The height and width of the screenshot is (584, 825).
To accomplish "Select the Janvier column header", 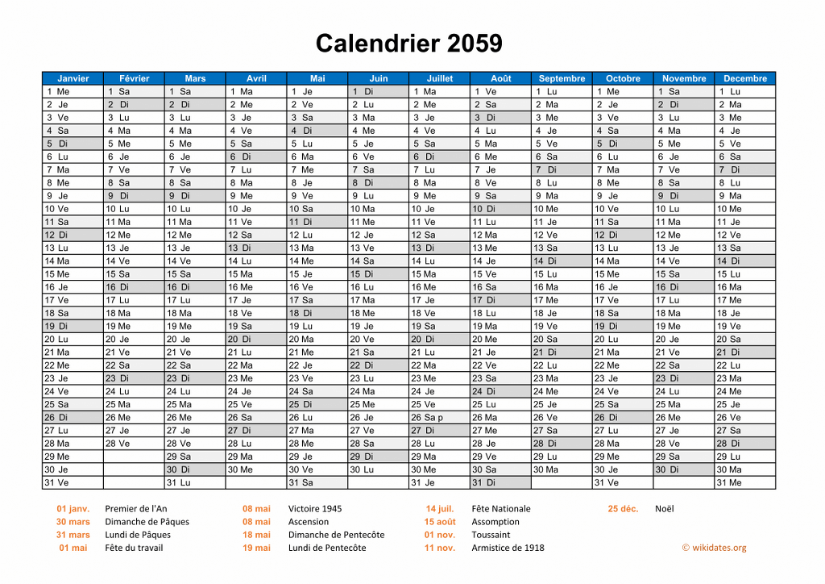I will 73,78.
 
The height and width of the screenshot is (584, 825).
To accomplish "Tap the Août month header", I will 500,78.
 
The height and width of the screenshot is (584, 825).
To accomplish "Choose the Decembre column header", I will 744,78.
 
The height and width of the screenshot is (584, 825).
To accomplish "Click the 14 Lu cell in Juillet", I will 439,261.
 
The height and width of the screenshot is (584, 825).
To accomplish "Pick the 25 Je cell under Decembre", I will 744,404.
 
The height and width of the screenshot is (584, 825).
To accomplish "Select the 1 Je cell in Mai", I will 317,91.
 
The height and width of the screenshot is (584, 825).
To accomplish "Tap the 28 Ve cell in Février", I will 134,444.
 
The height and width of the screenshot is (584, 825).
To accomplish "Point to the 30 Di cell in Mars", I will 195,469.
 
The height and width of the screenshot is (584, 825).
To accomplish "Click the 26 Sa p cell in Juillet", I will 439,417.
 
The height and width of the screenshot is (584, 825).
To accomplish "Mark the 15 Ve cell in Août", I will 500,273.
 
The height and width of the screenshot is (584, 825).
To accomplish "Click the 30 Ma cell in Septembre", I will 562,469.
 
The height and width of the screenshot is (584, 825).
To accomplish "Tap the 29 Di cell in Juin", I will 378,457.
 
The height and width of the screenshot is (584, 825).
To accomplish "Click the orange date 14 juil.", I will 440,508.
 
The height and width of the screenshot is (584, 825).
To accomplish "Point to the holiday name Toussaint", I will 491,534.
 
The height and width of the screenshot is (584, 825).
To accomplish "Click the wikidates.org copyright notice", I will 714,548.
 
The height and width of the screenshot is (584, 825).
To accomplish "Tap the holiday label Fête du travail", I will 134,548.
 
